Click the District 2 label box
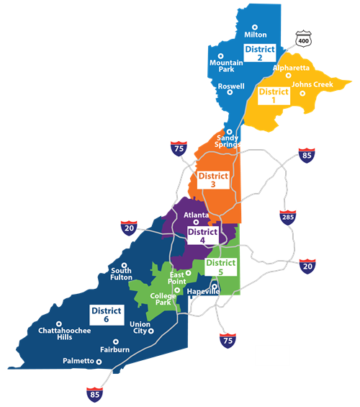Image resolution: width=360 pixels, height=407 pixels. tap(260, 53)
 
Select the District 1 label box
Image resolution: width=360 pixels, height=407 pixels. tap(273, 97)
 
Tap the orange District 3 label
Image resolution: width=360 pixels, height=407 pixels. tap(213, 180)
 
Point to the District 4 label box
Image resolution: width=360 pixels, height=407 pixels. tap(202, 236)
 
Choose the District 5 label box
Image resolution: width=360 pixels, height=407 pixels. tap(220, 267)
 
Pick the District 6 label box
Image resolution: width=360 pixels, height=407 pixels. tap(106, 315)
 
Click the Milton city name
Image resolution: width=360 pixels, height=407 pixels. tap(256, 35)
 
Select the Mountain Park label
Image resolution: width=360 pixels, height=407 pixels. tap(226, 66)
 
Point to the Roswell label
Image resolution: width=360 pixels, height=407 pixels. tap(231, 86)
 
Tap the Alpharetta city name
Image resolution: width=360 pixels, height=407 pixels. tap(291, 68)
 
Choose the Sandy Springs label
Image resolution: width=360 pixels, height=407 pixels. tap(228, 141)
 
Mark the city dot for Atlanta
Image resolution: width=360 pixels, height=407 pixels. tap(196, 223)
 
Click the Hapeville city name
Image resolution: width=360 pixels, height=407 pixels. tap(202, 292)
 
